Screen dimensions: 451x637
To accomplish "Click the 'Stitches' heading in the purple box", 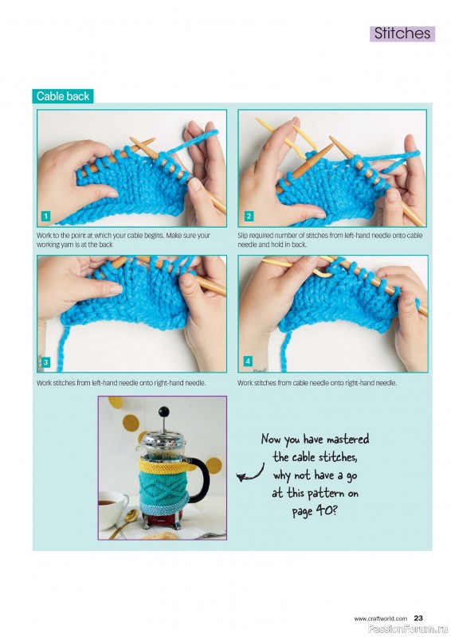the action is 402,33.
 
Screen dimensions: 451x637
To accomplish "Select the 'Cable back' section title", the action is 63,96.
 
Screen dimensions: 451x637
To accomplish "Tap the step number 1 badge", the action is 45,216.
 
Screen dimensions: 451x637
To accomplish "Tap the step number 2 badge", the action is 249,216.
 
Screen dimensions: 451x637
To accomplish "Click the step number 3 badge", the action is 45,362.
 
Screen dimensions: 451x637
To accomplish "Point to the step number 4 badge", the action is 248,361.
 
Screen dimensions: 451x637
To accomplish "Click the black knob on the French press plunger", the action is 164,412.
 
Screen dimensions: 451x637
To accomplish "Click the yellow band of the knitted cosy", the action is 163,467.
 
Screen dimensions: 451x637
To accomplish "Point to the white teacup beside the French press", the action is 112,509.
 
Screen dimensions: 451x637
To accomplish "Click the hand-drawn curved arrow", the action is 251,474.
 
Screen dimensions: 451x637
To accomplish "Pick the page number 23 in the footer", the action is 418,619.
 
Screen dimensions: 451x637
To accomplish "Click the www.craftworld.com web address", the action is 380,619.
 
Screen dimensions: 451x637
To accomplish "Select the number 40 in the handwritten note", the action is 324,510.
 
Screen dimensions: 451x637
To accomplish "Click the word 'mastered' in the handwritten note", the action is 347,440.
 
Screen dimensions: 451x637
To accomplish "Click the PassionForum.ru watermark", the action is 408,629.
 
